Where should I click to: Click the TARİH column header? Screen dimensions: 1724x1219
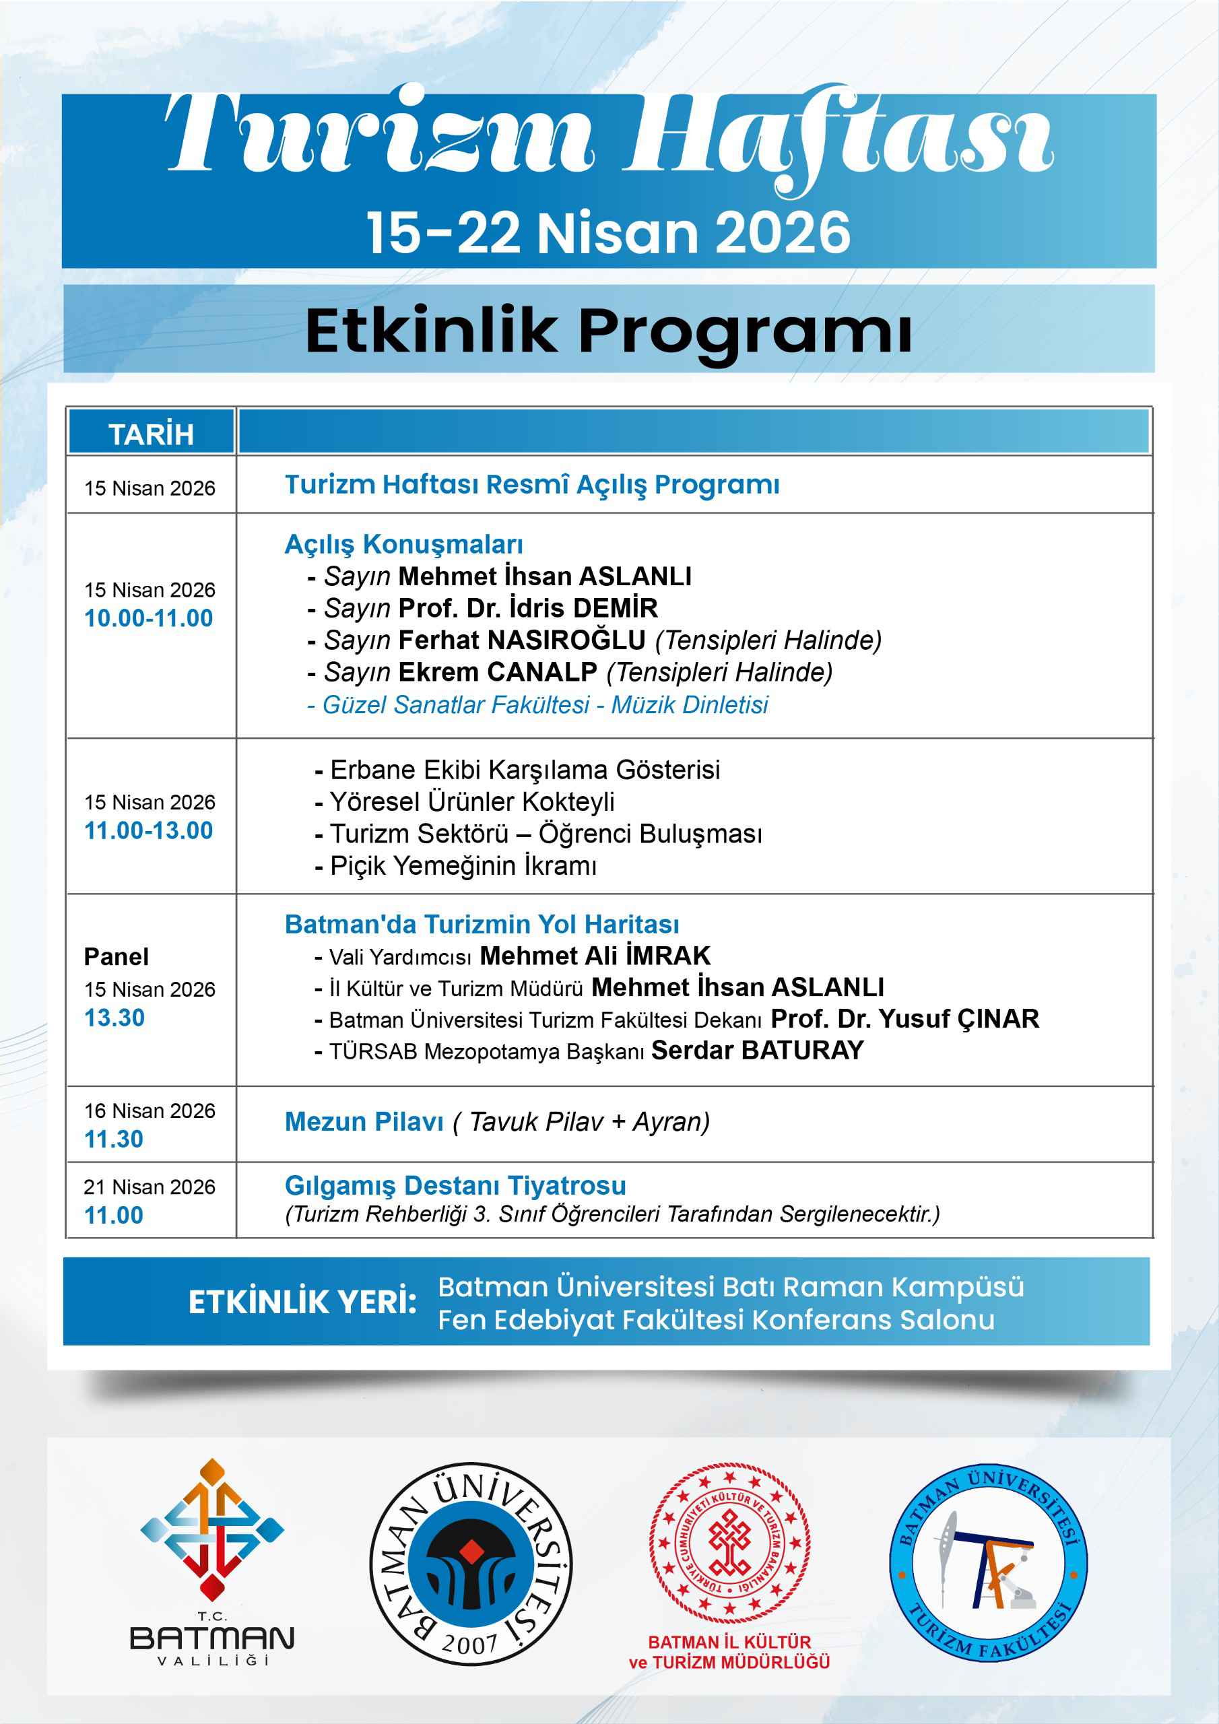[x=151, y=434]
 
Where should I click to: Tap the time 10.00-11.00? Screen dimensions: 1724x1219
[x=149, y=618]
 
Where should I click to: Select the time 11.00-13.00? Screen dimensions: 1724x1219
[x=149, y=830]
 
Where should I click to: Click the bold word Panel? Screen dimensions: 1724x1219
[x=117, y=956]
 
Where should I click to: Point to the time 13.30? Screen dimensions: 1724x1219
[x=114, y=1018]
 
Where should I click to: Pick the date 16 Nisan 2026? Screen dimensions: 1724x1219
[x=150, y=1110]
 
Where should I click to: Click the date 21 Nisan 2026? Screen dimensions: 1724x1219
[x=150, y=1187]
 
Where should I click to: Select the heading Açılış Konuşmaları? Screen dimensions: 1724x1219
[x=403, y=544]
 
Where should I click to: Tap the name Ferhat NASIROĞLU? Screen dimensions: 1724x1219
[x=521, y=640]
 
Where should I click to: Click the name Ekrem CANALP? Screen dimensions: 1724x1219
[x=497, y=672]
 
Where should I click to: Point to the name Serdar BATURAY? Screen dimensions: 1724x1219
[x=757, y=1050]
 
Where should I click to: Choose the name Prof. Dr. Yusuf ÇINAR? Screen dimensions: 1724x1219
[x=905, y=1018]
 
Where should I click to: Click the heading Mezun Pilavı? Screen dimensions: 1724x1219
[x=364, y=1122]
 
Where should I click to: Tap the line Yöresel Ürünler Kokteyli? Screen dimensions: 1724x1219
[x=471, y=802]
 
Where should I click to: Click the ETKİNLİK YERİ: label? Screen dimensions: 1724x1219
[x=302, y=1302]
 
